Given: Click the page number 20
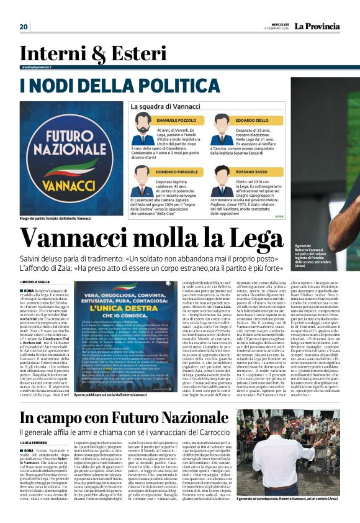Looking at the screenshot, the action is point(24,26).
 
